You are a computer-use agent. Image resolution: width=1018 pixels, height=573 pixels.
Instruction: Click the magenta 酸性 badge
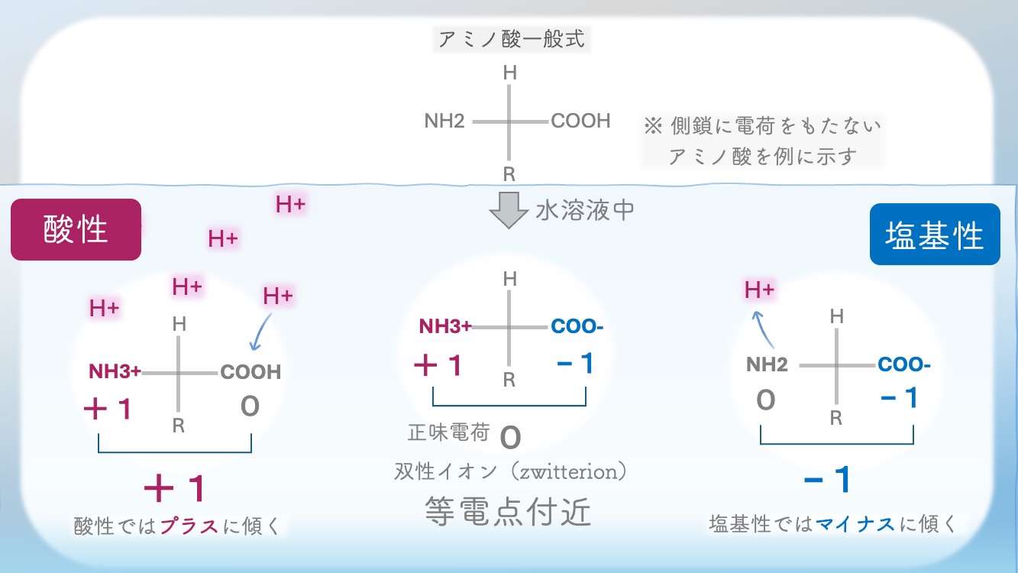tap(76, 230)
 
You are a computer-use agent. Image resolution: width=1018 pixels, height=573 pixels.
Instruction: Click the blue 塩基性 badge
tap(935, 235)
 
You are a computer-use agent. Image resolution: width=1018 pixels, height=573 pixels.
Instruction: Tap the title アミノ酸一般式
tap(512, 39)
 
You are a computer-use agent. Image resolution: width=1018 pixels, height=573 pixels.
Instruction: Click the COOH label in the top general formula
tap(580, 121)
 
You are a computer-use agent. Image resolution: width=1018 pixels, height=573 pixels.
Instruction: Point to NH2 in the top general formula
tap(444, 121)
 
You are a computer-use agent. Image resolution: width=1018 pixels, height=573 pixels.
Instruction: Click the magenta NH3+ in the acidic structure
tap(115, 372)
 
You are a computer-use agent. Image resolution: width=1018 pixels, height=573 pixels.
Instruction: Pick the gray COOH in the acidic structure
tap(250, 372)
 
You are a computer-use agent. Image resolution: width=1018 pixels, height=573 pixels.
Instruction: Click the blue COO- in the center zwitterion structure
tap(577, 327)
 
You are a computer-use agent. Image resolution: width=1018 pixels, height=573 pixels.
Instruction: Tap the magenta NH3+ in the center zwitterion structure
tap(445, 327)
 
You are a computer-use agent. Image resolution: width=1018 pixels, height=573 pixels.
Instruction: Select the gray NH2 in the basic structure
tap(767, 364)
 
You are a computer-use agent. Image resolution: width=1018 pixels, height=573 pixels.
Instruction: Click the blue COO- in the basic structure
tap(904, 364)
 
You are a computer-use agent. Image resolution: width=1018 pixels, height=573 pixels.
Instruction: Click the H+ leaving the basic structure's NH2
tap(760, 290)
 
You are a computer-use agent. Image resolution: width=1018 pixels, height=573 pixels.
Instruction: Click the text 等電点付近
tap(508, 512)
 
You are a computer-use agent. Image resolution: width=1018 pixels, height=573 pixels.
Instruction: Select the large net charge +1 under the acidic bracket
tap(176, 487)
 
